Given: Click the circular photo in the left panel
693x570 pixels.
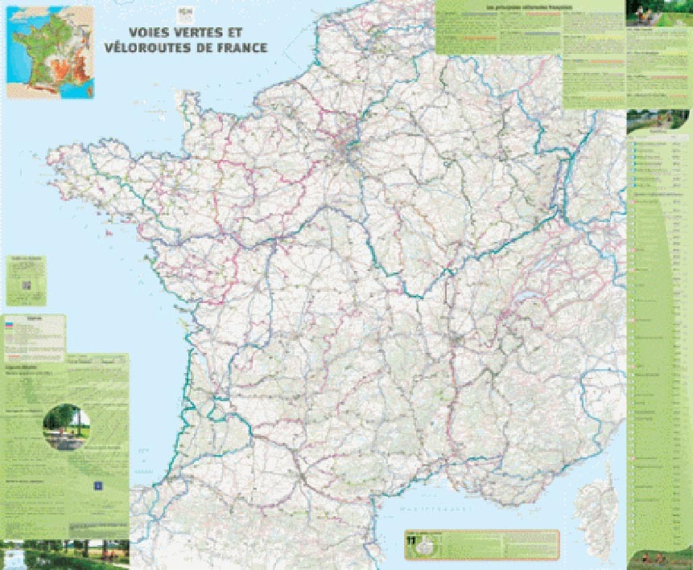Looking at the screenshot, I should (66, 427).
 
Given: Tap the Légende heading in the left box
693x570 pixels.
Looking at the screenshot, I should (34, 318).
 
